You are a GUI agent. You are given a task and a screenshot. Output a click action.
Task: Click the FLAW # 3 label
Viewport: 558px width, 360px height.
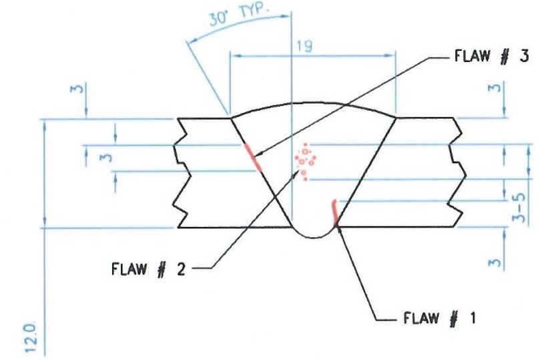(x=491, y=56)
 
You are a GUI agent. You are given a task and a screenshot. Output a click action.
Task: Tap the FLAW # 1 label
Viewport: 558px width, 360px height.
(x=440, y=318)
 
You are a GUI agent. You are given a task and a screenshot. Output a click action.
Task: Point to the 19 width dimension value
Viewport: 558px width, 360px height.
(x=304, y=46)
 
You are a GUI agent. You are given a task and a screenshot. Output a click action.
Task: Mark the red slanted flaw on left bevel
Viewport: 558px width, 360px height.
(x=252, y=158)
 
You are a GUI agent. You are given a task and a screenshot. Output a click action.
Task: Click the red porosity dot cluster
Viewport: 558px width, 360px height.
(x=307, y=161)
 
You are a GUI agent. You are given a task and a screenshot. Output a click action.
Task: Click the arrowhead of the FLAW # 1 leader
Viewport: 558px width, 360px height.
(x=338, y=226)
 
